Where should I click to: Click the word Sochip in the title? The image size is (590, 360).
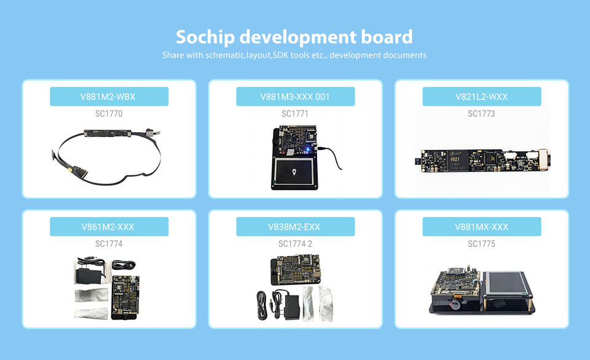(205, 37)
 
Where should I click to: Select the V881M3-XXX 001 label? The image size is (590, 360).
(295, 96)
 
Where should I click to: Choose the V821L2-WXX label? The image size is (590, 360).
(481, 96)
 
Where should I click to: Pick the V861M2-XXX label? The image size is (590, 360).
(108, 227)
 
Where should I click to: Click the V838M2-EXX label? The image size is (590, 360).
(294, 227)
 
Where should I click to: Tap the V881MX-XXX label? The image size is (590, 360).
(481, 227)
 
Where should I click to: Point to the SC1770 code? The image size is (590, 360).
(109, 114)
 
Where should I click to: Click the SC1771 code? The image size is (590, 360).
(295, 114)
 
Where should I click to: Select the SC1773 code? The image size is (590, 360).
(481, 114)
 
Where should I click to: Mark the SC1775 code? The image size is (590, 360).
(481, 244)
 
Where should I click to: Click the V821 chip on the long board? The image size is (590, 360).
(457, 160)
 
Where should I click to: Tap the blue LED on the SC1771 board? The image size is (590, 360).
(307, 149)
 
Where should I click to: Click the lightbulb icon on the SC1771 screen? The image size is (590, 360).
(294, 172)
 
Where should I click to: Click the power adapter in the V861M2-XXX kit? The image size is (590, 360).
(90, 272)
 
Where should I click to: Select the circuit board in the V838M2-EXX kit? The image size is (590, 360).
(296, 269)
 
